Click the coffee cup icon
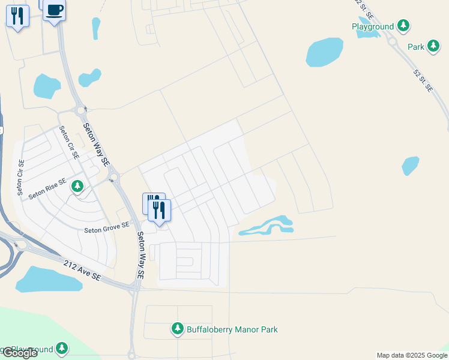pyautogui.click(x=55, y=10)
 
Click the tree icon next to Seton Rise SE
pyautogui.click(x=77, y=187)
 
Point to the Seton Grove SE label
pyautogui.click(x=107, y=227)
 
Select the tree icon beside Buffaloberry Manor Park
pyautogui.click(x=178, y=329)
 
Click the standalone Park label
pyautogui.click(x=416, y=46)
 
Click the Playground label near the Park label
pyautogui.click(x=373, y=26)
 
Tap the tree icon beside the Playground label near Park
pyautogui.click(x=404, y=26)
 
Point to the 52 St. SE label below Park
pyautogui.click(x=423, y=80)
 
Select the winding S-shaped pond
pyautogui.click(x=268, y=226)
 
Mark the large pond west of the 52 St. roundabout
pyautogui.click(x=325, y=52)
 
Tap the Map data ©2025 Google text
pyautogui.click(x=411, y=355)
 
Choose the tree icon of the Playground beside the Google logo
pyautogui.click(x=62, y=348)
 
